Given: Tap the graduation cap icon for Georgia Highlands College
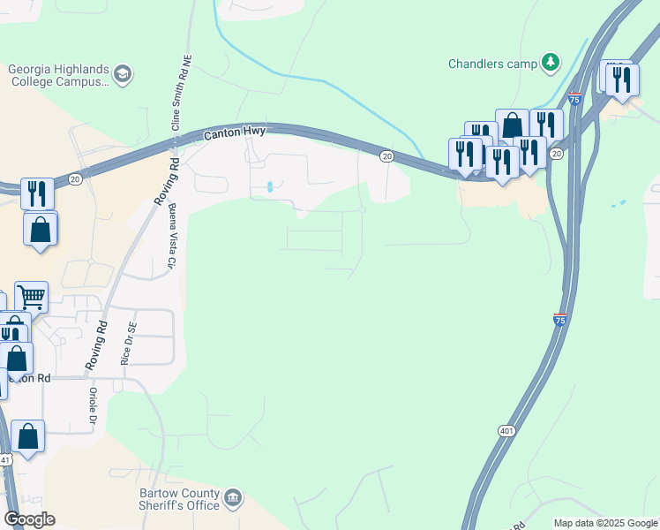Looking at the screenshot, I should (x=123, y=74).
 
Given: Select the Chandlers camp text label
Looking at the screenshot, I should (x=491, y=63).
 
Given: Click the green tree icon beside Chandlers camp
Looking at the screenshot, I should (x=551, y=62).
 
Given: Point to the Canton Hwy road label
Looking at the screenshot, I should (x=235, y=134).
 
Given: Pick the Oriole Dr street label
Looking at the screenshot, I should (x=92, y=406).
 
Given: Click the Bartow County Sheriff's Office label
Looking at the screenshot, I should (x=178, y=499).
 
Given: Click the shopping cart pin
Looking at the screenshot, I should (x=31, y=296).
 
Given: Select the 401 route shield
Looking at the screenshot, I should (x=506, y=431).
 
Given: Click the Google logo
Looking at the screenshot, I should (x=29, y=519).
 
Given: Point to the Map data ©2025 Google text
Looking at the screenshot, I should (x=606, y=523).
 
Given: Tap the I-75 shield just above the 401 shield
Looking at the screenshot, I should (x=559, y=320).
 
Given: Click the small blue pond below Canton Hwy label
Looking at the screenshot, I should (x=268, y=187).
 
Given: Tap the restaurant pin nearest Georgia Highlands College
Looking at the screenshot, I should (x=37, y=193).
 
